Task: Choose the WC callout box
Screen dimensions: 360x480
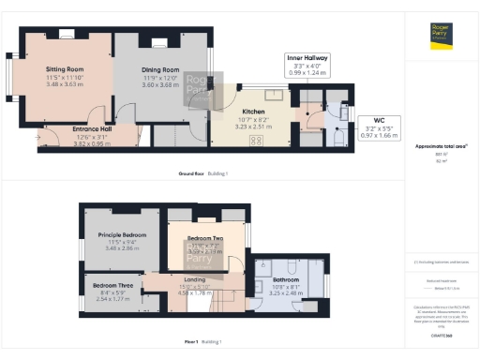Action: (x=380, y=126)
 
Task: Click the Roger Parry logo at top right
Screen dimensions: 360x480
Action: (x=441, y=36)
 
